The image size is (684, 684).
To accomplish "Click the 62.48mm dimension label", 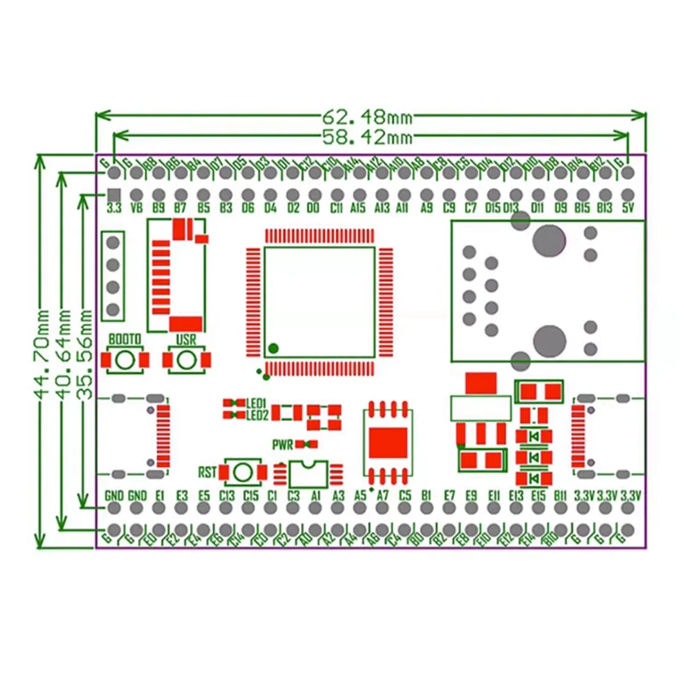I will pyautogui.click(x=367, y=117).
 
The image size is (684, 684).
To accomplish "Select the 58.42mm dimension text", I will pyautogui.click(x=367, y=137).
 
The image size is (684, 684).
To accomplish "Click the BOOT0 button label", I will pyautogui.click(x=125, y=340).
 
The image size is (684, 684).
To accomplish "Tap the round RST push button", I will pyautogui.click(x=243, y=472).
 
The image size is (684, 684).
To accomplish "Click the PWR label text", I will pyautogui.click(x=282, y=445).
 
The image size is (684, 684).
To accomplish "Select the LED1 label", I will pyautogui.click(x=256, y=403).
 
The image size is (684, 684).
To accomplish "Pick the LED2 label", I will pyautogui.click(x=256, y=416).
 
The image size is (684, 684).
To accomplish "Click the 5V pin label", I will pyautogui.click(x=628, y=208).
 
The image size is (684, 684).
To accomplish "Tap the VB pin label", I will pyautogui.click(x=136, y=208).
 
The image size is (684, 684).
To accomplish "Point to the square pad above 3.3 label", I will pyautogui.click(x=114, y=194).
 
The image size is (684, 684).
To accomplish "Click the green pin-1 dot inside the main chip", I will pyautogui.click(x=274, y=348).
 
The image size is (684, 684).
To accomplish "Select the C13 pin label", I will pyautogui.click(x=227, y=495).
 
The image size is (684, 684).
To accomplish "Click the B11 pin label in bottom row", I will pyautogui.click(x=560, y=495).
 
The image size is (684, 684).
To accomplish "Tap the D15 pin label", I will pyautogui.click(x=492, y=208).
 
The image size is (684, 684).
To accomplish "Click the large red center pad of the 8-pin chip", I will pyautogui.click(x=388, y=443).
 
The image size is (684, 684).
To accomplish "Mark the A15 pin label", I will pyautogui.click(x=358, y=208).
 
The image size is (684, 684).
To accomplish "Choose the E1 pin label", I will pyautogui.click(x=160, y=495).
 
